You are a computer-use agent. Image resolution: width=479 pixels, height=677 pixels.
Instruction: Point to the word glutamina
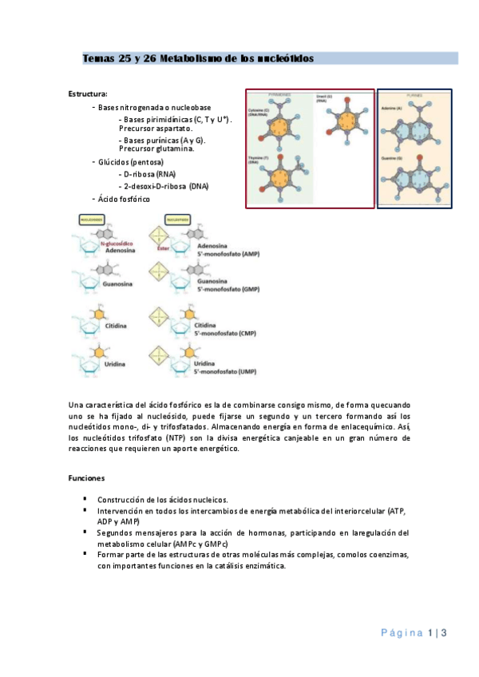point(195,148)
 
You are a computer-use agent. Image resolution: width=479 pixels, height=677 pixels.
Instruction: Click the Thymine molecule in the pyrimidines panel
point(278,172)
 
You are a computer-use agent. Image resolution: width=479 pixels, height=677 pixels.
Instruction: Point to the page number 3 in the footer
point(443,633)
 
